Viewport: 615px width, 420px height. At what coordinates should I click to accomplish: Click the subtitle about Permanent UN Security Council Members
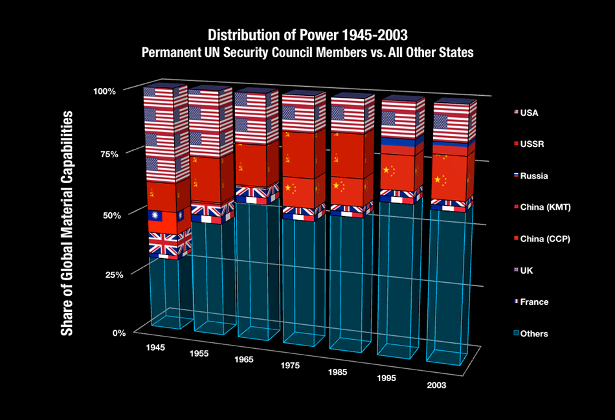click(x=307, y=52)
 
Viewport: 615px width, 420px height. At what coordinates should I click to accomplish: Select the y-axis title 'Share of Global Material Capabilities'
click(x=67, y=223)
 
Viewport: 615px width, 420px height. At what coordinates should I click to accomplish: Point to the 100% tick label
click(x=104, y=91)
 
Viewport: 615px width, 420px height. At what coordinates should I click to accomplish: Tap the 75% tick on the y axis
click(x=106, y=154)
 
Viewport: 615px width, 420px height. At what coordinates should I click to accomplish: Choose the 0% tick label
click(x=117, y=333)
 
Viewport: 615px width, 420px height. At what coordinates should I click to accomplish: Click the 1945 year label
click(x=155, y=348)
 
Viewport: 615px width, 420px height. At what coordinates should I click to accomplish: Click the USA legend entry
click(x=528, y=113)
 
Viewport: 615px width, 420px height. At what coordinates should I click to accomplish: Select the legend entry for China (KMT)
click(x=541, y=207)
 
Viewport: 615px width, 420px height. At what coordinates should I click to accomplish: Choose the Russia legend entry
click(x=531, y=175)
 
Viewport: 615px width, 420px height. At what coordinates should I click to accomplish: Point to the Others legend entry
click(x=533, y=334)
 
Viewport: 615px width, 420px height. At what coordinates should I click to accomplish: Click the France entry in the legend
click(x=533, y=302)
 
